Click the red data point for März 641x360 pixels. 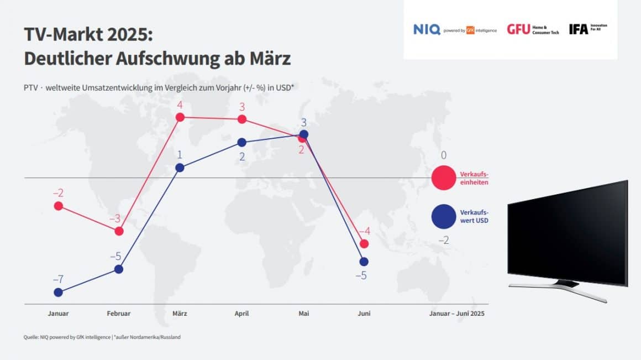click(x=180, y=117)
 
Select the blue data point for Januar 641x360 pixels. click(x=58, y=292)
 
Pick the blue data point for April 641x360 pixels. click(x=241, y=142)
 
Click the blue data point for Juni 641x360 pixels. click(x=363, y=261)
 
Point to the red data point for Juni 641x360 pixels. click(x=363, y=244)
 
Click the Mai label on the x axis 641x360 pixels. click(x=303, y=314)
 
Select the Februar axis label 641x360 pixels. click(x=119, y=314)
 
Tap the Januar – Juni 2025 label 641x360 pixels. click(x=456, y=314)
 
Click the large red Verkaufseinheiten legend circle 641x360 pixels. click(x=443, y=178)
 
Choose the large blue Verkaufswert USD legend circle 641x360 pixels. click(x=443, y=216)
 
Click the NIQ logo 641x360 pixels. click(x=427, y=29)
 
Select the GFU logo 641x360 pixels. click(x=518, y=29)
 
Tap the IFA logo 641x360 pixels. click(x=579, y=29)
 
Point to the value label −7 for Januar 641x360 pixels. click(x=58, y=279)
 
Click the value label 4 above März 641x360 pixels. click(x=180, y=105)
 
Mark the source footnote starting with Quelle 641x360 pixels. click(x=102, y=337)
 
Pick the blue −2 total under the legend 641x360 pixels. click(x=444, y=241)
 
